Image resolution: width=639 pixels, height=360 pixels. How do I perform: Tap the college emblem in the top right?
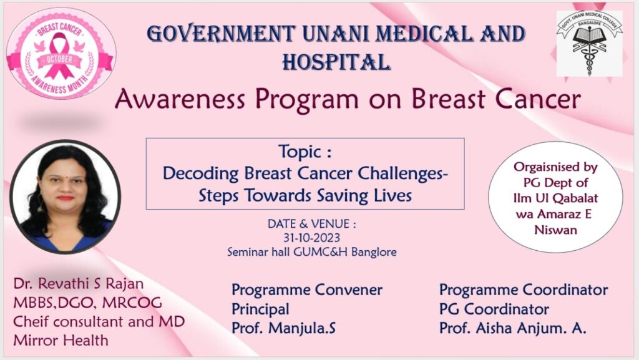click(589, 44)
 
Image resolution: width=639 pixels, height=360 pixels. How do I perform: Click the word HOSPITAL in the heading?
click(337, 62)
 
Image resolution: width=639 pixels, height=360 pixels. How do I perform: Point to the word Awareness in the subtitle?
click(180, 99)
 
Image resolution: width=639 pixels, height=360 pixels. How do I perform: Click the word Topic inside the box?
click(301, 152)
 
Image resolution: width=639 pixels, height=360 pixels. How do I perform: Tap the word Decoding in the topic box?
click(200, 174)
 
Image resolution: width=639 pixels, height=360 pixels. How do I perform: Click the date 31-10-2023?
click(312, 238)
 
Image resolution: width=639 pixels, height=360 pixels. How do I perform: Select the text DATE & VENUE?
click(312, 224)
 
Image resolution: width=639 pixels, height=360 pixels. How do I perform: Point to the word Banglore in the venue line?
click(374, 252)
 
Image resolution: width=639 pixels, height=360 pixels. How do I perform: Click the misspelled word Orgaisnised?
click(555, 167)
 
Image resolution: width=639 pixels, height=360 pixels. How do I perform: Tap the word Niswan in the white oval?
click(555, 230)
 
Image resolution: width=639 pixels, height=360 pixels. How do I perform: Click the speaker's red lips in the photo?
click(65, 198)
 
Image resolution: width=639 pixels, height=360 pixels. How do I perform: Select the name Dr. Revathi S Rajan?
click(78, 284)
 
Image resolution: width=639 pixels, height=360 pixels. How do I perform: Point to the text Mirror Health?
click(61, 340)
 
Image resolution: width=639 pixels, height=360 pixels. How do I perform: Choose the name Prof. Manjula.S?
click(284, 328)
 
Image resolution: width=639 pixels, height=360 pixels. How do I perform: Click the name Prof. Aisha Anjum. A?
click(513, 328)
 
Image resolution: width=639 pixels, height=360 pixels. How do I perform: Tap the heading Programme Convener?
click(307, 290)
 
